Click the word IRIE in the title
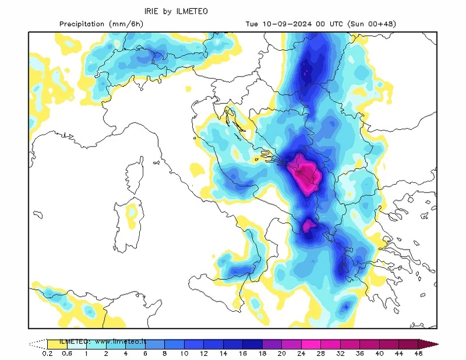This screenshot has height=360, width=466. (x=152, y=11)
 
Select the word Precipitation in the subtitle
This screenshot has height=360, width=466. (x=83, y=24)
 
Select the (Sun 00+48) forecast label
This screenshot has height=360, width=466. (x=371, y=24)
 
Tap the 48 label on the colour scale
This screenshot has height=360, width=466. (x=418, y=354)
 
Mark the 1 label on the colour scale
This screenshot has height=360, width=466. (x=86, y=354)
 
